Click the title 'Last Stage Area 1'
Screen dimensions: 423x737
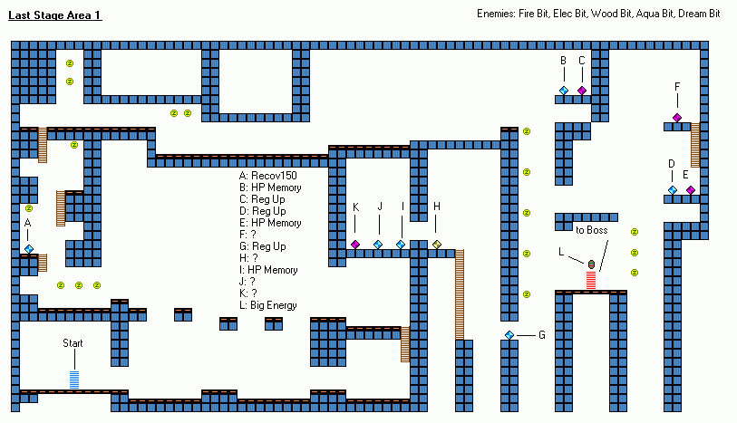coord(55,16)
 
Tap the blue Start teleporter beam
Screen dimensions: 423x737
coord(74,380)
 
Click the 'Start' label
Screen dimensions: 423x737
coord(73,343)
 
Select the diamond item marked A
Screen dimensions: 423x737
coord(29,248)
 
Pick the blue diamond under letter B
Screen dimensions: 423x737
coord(563,91)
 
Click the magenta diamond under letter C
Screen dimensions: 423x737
coord(582,91)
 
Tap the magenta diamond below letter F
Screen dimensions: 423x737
coord(677,118)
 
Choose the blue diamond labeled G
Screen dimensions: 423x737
coord(509,335)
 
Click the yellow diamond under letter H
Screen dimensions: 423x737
coord(437,245)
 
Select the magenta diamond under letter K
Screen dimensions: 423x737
coord(355,245)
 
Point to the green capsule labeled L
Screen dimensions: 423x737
coord(591,264)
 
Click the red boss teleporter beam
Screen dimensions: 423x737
coord(591,280)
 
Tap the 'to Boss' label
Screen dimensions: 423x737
coord(593,230)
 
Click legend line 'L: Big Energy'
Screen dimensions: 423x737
coord(268,305)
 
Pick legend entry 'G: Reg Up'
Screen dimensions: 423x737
coord(263,246)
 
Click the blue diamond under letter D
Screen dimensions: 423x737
coord(673,190)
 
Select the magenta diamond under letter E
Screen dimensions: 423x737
coord(691,190)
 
